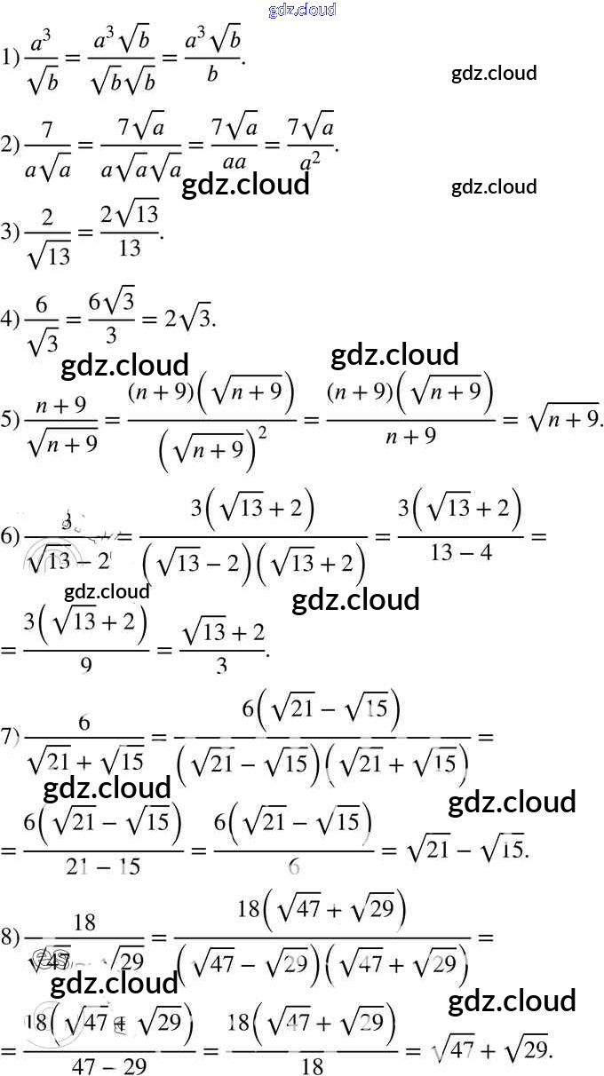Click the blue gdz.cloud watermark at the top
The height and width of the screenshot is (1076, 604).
(301, 10)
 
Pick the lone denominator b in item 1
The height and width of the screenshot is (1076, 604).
(212, 76)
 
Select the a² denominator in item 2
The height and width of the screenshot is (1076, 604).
(309, 161)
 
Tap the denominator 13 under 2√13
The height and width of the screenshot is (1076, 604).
(130, 249)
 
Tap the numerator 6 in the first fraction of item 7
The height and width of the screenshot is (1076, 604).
(84, 722)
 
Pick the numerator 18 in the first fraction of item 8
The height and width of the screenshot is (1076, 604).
(84, 922)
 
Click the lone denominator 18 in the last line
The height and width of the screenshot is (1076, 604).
(312, 1066)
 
